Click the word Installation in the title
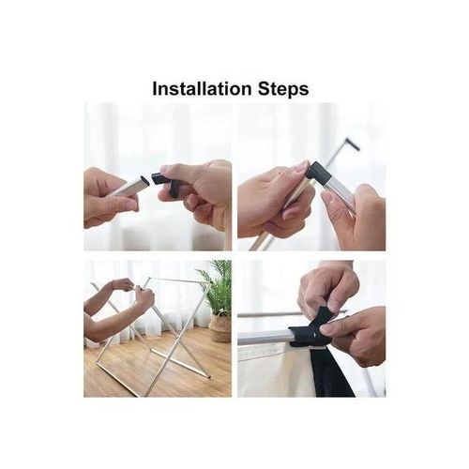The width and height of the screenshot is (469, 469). click(202, 89)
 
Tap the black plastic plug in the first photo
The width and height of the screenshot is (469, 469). click(161, 178)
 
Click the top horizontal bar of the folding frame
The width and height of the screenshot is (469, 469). click(178, 280)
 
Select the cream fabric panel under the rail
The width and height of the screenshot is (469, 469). click(272, 371)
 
